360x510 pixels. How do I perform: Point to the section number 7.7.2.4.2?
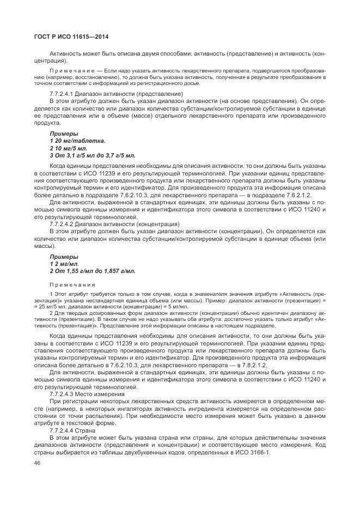pos(62,224)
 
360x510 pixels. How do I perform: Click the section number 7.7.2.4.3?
pos(62,393)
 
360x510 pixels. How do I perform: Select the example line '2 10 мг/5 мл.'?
pos(69,148)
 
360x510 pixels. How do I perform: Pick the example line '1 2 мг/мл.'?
pos(64,263)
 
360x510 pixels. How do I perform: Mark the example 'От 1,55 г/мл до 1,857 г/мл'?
pos(96,270)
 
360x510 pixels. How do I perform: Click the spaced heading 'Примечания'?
pos(72,284)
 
